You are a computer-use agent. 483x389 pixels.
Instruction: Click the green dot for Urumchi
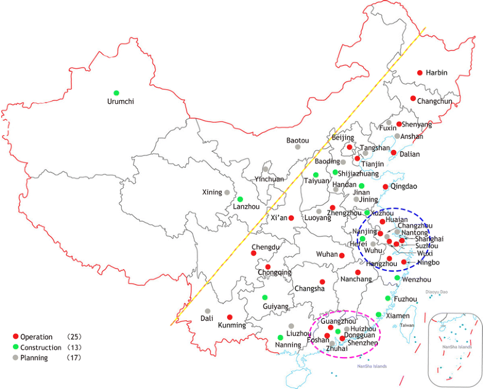click(x=116, y=93)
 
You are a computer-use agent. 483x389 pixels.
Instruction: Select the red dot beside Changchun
click(x=413, y=98)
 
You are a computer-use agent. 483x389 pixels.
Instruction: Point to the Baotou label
click(x=298, y=140)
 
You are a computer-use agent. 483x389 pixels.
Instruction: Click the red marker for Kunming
click(x=230, y=317)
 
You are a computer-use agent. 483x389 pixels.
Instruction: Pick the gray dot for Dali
click(x=208, y=311)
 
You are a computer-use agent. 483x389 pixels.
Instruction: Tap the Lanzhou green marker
click(x=240, y=199)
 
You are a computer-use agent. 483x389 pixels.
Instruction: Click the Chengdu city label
click(x=266, y=247)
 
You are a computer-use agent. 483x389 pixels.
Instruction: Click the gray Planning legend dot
click(x=15, y=358)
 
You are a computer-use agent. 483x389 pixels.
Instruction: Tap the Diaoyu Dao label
click(x=436, y=292)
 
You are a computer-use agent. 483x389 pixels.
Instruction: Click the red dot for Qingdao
click(x=386, y=187)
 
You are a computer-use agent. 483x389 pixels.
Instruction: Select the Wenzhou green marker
click(x=397, y=278)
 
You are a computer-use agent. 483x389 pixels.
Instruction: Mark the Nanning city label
click(x=289, y=345)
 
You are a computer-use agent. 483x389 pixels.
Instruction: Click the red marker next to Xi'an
click(x=291, y=218)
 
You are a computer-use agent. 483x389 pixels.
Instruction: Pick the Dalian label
click(x=409, y=154)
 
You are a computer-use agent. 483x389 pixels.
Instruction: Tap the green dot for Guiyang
click(x=265, y=297)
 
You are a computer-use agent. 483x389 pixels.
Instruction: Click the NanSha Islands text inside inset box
click(x=457, y=347)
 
